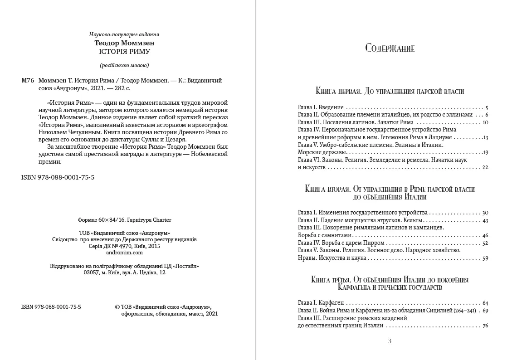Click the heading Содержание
(x=390, y=49)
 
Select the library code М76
(x=28, y=80)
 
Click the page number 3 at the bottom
(x=390, y=341)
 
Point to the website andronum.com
(x=124, y=253)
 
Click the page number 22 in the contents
(x=485, y=167)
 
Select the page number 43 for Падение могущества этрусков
(x=485, y=220)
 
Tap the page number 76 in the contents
(x=485, y=326)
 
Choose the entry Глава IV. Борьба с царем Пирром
(x=341, y=243)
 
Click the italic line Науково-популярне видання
(x=124, y=34)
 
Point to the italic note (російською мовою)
(x=124, y=64)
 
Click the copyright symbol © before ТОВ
(x=118, y=306)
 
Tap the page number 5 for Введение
(x=486, y=108)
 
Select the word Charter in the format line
(x=162, y=220)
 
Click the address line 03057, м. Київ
(x=125, y=272)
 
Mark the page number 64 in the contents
(x=485, y=303)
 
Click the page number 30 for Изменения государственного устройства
(x=485, y=213)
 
